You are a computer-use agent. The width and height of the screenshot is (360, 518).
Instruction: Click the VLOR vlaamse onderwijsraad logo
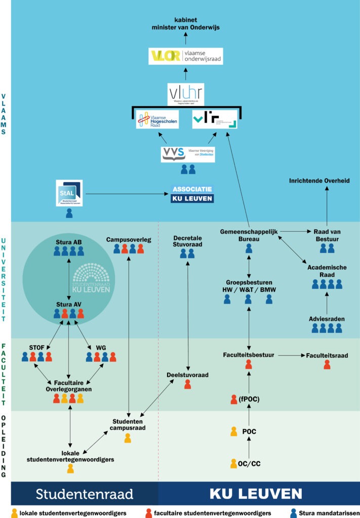186,56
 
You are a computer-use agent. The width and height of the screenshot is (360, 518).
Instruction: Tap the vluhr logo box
185,95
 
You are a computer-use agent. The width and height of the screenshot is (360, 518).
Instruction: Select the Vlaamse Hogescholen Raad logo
157,119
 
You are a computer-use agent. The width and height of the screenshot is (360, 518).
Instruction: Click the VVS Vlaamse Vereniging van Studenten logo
188,154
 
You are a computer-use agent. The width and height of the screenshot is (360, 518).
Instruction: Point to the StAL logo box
69,193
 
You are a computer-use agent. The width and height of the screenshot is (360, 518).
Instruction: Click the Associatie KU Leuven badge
192,194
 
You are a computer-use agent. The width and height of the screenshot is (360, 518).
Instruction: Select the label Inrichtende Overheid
319,181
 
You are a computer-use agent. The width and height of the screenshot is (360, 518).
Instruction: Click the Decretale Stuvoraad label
188,240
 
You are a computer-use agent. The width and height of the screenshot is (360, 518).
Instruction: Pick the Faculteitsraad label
327,356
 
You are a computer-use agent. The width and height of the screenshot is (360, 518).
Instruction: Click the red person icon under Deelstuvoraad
188,384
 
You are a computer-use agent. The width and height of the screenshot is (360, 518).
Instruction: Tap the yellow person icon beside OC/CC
233,463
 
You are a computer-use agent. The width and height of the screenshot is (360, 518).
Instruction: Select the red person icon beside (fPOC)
233,400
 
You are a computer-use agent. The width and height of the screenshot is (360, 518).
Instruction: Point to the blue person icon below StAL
69,213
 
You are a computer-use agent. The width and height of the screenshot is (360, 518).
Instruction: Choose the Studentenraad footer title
84,493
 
